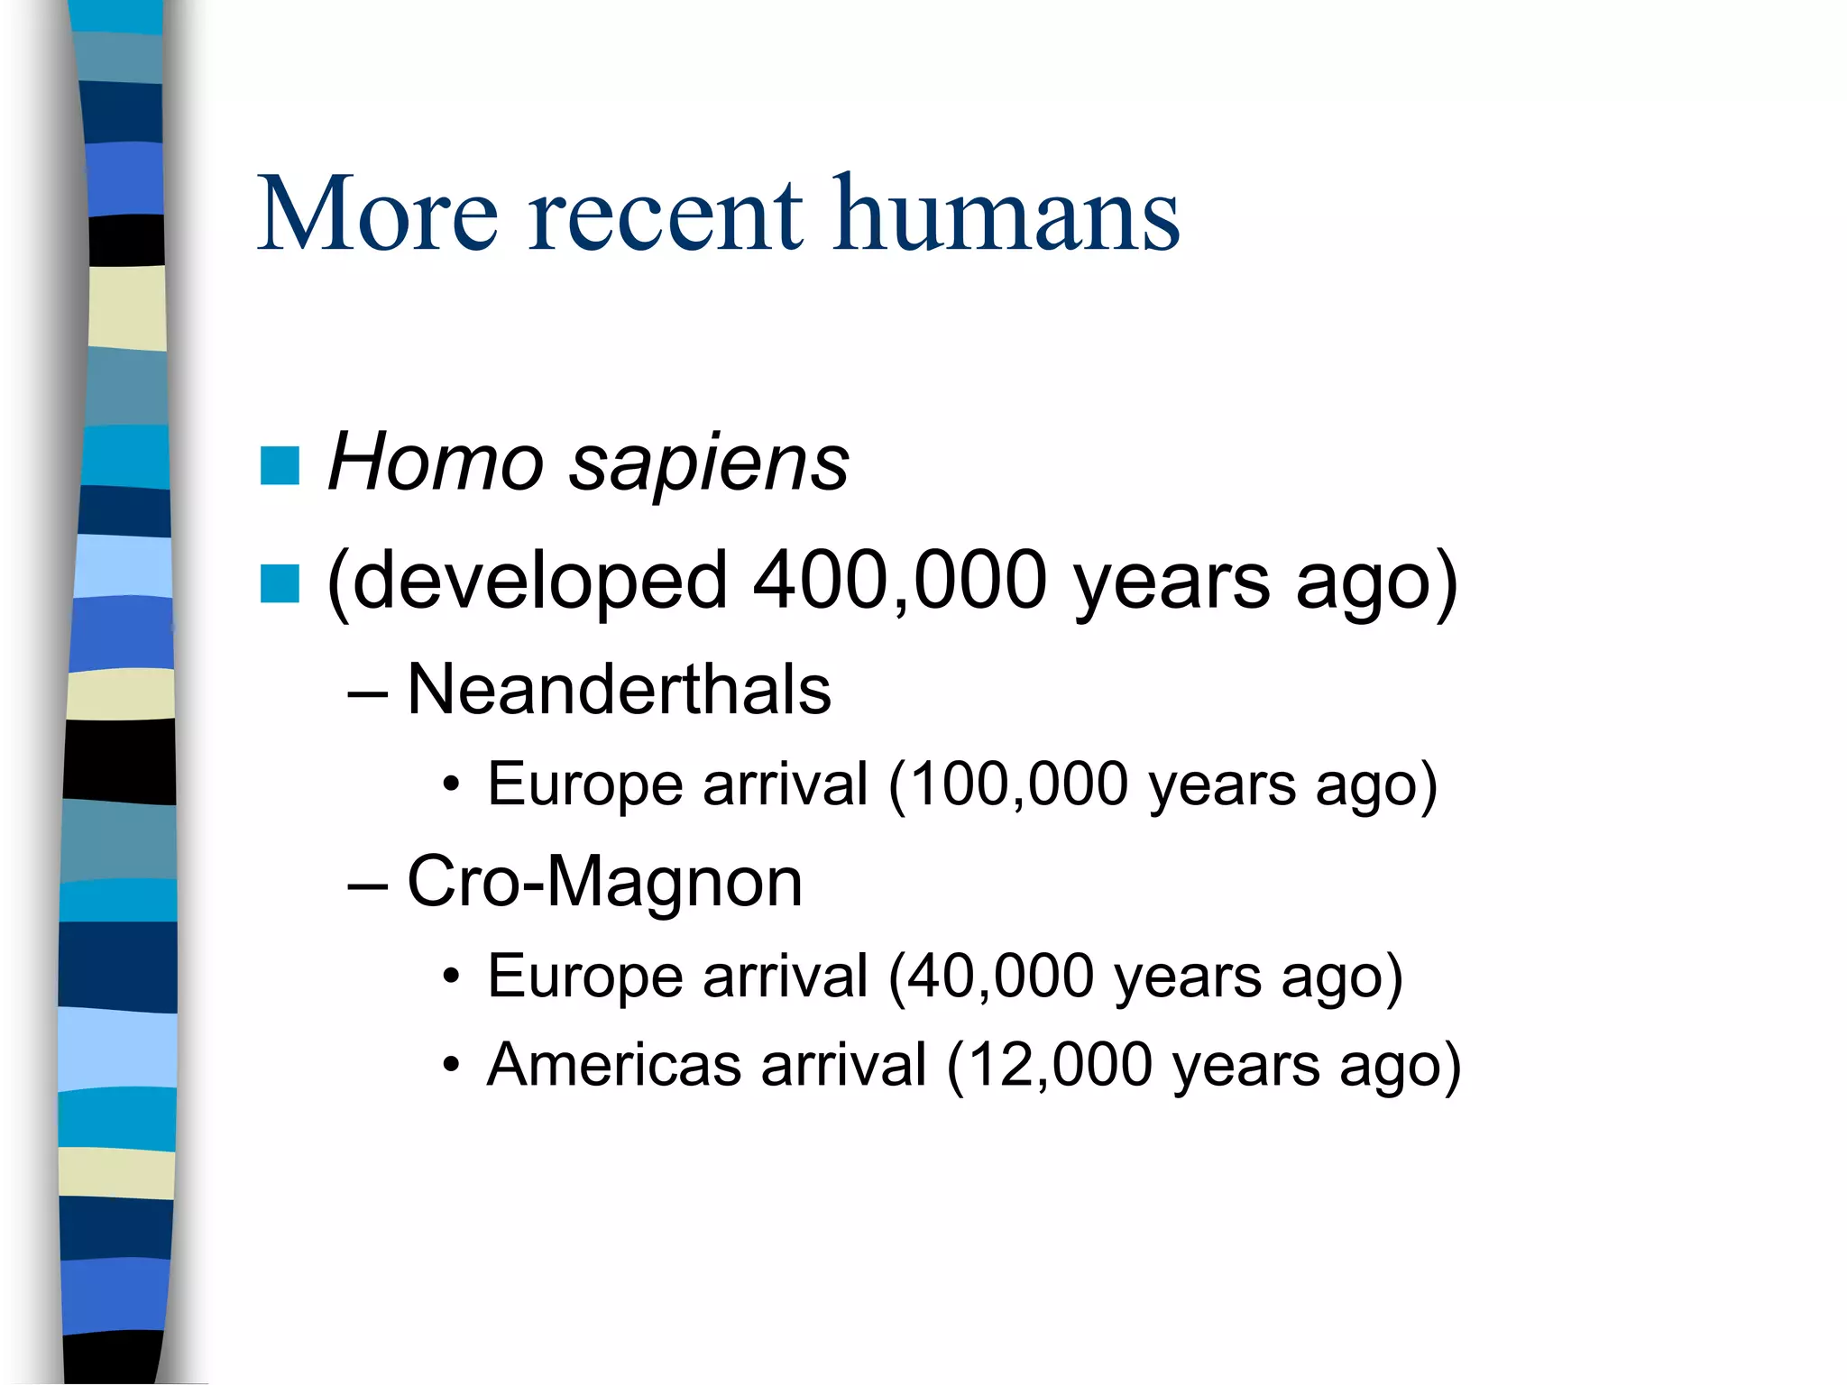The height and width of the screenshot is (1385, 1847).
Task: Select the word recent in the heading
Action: pyautogui.click(x=665, y=216)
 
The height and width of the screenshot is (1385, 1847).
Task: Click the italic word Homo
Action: pyautogui.click(x=435, y=462)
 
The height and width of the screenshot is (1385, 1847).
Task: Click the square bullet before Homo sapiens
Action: pyautogui.click(x=280, y=466)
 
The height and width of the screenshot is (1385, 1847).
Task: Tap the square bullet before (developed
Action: pyautogui.click(x=280, y=582)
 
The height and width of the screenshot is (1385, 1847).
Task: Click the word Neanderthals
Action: pyautogui.click(x=619, y=690)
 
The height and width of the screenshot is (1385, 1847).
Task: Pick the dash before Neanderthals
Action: pyautogui.click(x=367, y=693)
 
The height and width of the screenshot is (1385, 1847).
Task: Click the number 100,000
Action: pyautogui.click(x=1019, y=784)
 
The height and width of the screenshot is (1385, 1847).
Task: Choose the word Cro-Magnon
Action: pyautogui.click(x=604, y=882)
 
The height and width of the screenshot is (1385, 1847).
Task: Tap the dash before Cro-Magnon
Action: pyautogui.click(x=367, y=885)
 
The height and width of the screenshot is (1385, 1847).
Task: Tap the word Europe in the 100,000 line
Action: pyautogui.click(x=584, y=785)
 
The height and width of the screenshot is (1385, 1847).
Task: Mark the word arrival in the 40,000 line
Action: pyautogui.click(x=785, y=976)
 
